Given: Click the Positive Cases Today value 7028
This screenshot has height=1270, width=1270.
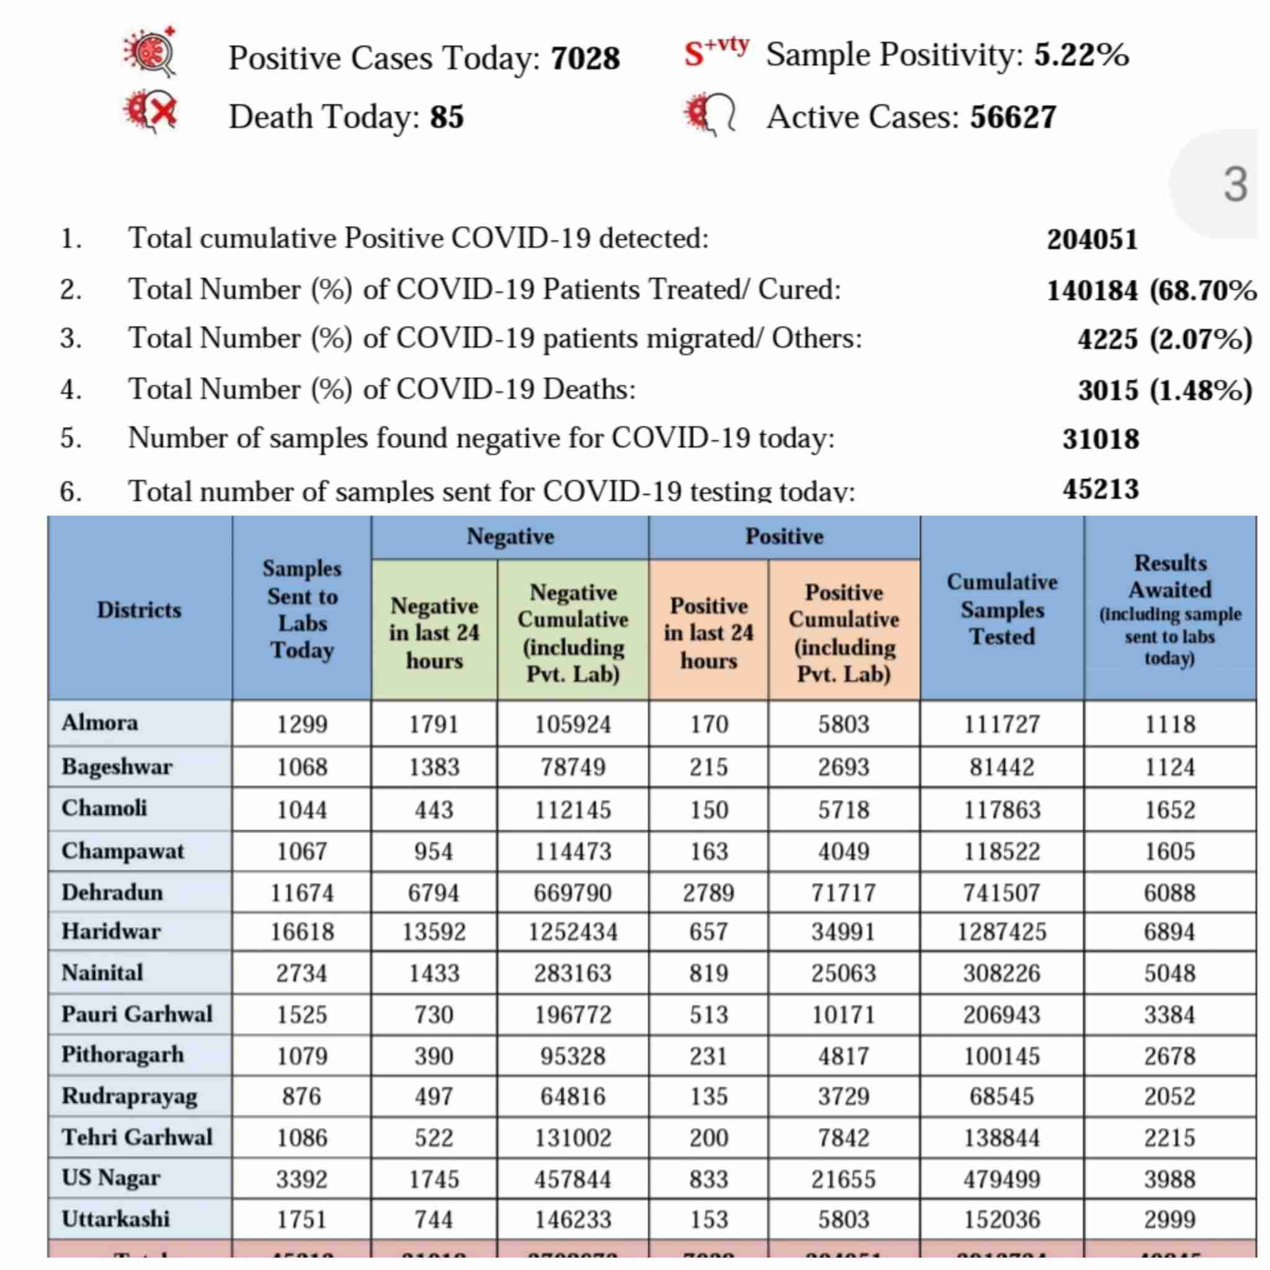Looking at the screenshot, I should pyautogui.click(x=585, y=58).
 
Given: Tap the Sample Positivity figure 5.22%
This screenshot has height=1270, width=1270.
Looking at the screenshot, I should pyautogui.click(x=1081, y=54).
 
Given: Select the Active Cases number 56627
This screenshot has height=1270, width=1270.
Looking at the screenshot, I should pyautogui.click(x=1013, y=117).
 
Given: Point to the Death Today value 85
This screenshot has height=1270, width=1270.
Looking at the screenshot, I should pyautogui.click(x=447, y=117).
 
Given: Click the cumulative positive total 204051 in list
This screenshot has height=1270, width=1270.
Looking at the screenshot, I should pyautogui.click(x=1092, y=239).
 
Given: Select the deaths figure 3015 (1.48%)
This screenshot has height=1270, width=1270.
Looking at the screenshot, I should pyautogui.click(x=1164, y=391).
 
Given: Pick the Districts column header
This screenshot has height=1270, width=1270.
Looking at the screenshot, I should pyautogui.click(x=139, y=610).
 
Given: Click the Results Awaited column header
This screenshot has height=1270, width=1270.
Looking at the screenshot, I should pyautogui.click(x=1170, y=609).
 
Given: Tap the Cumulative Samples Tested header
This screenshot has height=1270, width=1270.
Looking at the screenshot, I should pyautogui.click(x=1002, y=609).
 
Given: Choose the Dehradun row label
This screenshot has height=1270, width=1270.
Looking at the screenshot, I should pyautogui.click(x=112, y=892).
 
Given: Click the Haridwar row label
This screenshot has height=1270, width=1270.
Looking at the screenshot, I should pyautogui.click(x=111, y=931).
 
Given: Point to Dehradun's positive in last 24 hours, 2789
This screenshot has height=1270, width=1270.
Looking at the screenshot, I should pyautogui.click(x=709, y=893).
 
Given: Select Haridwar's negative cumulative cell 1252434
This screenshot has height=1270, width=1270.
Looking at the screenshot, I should pyautogui.click(x=572, y=931).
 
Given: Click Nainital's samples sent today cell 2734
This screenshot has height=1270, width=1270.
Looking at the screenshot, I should pyautogui.click(x=302, y=973).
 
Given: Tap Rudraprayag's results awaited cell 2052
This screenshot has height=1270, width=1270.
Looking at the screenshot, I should pyautogui.click(x=1170, y=1096).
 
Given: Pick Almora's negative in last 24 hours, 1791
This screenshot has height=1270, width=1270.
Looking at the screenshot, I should pyautogui.click(x=434, y=724).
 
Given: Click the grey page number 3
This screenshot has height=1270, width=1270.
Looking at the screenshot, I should pyautogui.click(x=1235, y=185).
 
